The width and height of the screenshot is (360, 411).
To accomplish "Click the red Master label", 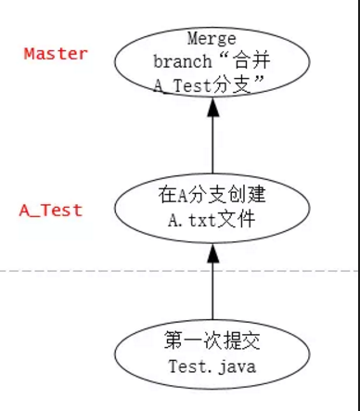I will [x=56, y=53].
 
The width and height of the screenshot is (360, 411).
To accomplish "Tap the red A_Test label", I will [x=51, y=210].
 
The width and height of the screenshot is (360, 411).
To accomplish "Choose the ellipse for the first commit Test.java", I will [x=212, y=354].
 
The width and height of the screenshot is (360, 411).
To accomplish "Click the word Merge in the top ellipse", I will [x=212, y=39].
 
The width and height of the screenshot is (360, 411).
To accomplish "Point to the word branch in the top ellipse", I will [x=185, y=61].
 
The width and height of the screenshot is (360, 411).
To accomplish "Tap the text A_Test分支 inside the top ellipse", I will [x=205, y=84].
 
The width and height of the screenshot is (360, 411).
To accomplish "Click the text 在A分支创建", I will [x=212, y=196].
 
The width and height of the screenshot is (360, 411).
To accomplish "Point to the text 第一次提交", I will [x=212, y=342].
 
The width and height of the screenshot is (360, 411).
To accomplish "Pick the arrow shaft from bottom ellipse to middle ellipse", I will [x=212, y=288].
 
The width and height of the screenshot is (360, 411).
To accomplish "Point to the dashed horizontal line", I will [x=93, y=271].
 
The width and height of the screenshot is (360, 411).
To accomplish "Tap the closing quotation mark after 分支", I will [x=264, y=81].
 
